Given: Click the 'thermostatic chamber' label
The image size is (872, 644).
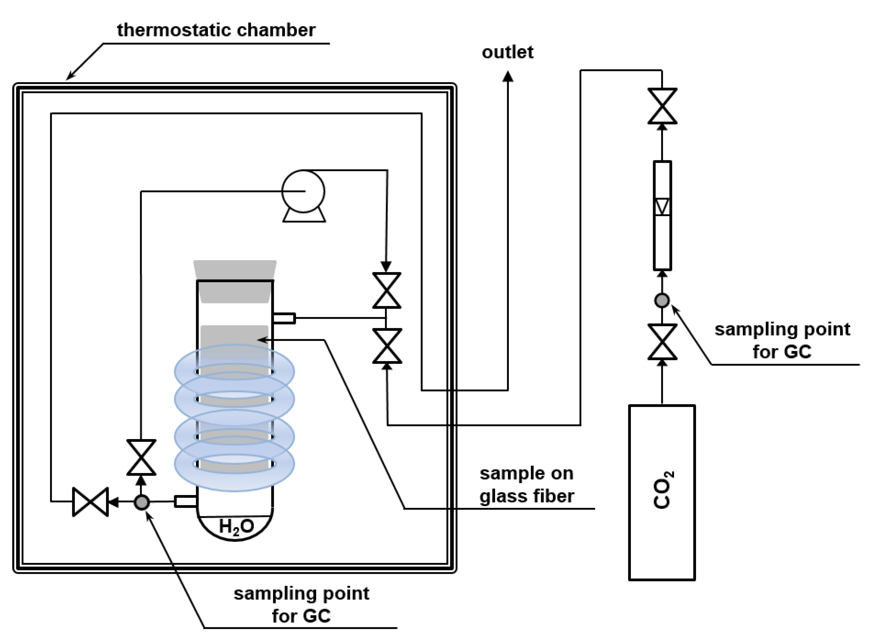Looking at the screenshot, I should click(216, 30).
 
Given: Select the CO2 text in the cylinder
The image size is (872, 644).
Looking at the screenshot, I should click(663, 490).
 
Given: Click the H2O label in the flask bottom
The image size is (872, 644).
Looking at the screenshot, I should click(236, 527).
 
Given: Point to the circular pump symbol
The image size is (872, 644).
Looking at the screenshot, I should click(303, 191).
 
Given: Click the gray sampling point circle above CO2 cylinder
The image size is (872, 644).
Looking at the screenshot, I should click(662, 300).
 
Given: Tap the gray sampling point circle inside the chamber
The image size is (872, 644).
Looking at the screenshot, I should click(141, 502).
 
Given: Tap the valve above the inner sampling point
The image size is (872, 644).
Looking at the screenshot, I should click(141, 457).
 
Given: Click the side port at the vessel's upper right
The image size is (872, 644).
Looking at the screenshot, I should click(284, 318).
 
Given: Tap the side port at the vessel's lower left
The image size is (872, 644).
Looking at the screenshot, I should click(185, 501).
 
